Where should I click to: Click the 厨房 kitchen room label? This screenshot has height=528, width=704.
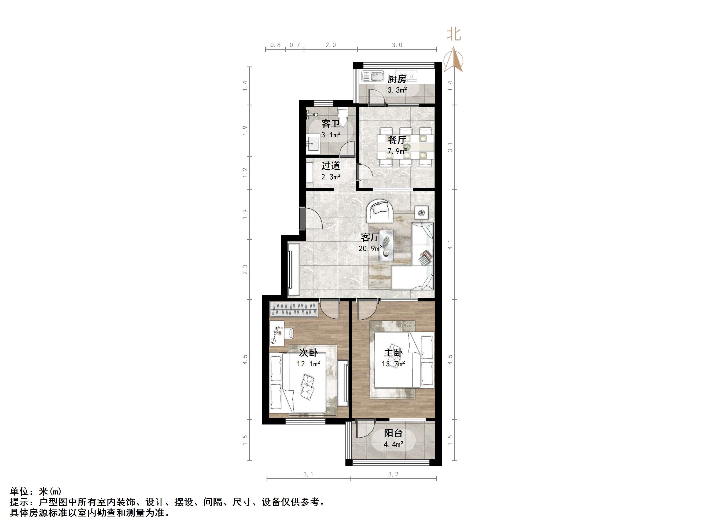pyautogui.click(x=397, y=79)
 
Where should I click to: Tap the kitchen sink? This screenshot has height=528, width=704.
pyautogui.click(x=373, y=76)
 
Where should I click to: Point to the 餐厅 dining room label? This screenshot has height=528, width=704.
pyautogui.click(x=397, y=140)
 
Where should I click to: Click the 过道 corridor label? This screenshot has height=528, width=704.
pyautogui.click(x=331, y=166)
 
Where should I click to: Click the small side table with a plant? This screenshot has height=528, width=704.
pyautogui.click(x=421, y=212)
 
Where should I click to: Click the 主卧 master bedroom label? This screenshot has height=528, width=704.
pyautogui.click(x=393, y=353)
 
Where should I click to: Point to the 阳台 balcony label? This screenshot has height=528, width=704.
pyautogui.click(x=393, y=433)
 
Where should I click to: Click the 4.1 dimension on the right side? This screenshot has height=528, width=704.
pyautogui.click(x=450, y=245)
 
